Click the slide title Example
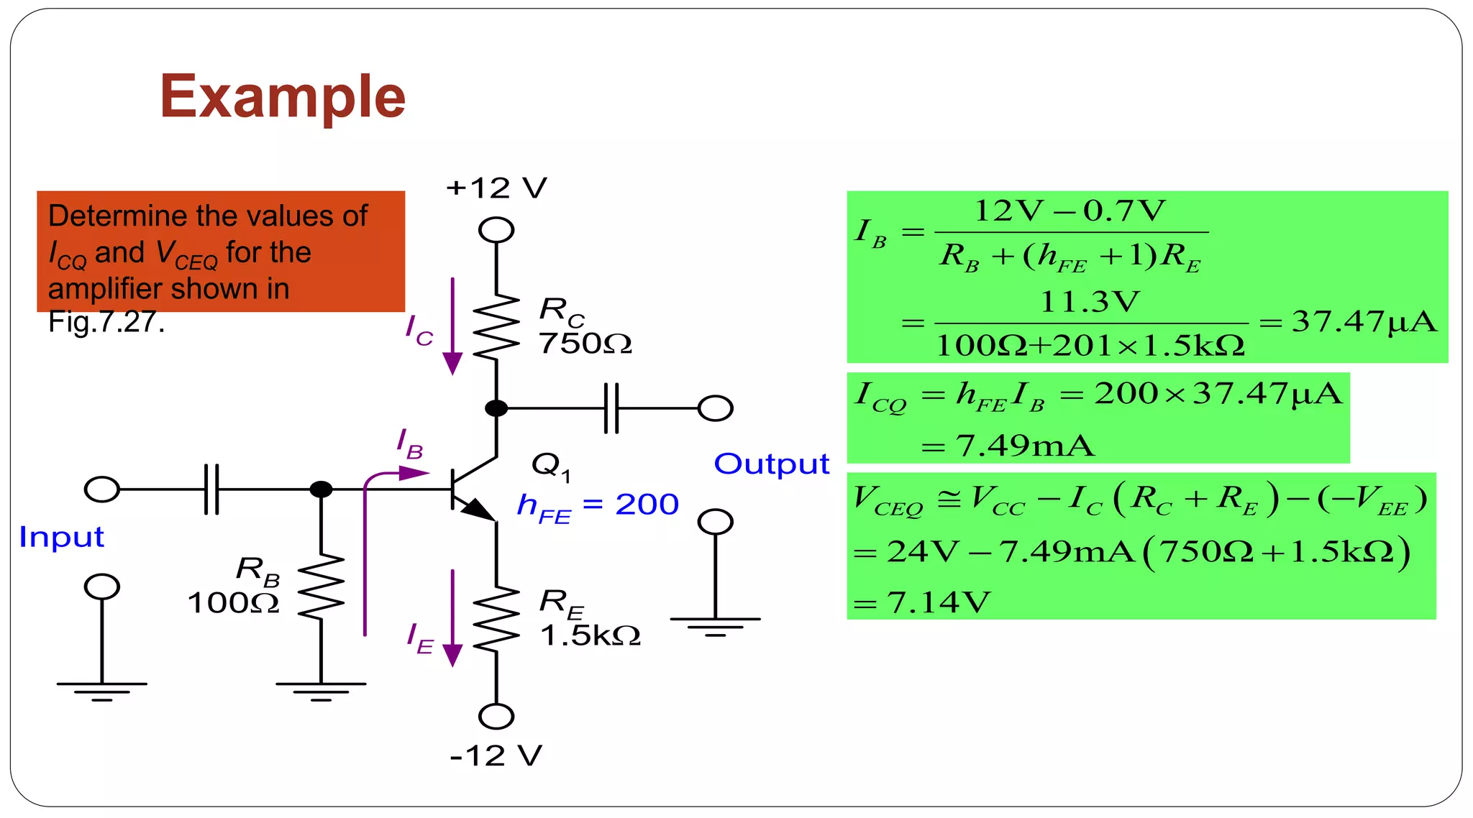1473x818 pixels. [x=283, y=96]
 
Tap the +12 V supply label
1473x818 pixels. [x=496, y=188]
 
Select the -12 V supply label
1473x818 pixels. [x=496, y=755]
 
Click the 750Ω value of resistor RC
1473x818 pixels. [x=585, y=344]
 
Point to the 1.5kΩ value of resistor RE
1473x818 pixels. [x=590, y=635]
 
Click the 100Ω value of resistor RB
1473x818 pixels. [x=233, y=602]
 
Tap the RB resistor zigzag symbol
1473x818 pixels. [x=321, y=587]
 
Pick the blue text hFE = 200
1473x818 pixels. [x=598, y=505]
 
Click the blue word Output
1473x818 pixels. [x=771, y=464]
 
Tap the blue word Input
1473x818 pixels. [x=61, y=537]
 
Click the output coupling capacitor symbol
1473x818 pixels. [x=611, y=408]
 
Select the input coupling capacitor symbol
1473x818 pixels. [x=211, y=490]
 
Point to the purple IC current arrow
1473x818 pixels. [x=452, y=326]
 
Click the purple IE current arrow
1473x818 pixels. [x=452, y=618]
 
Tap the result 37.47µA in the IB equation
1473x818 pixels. [x=1364, y=321]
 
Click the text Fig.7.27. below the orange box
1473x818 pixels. [x=106, y=322]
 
